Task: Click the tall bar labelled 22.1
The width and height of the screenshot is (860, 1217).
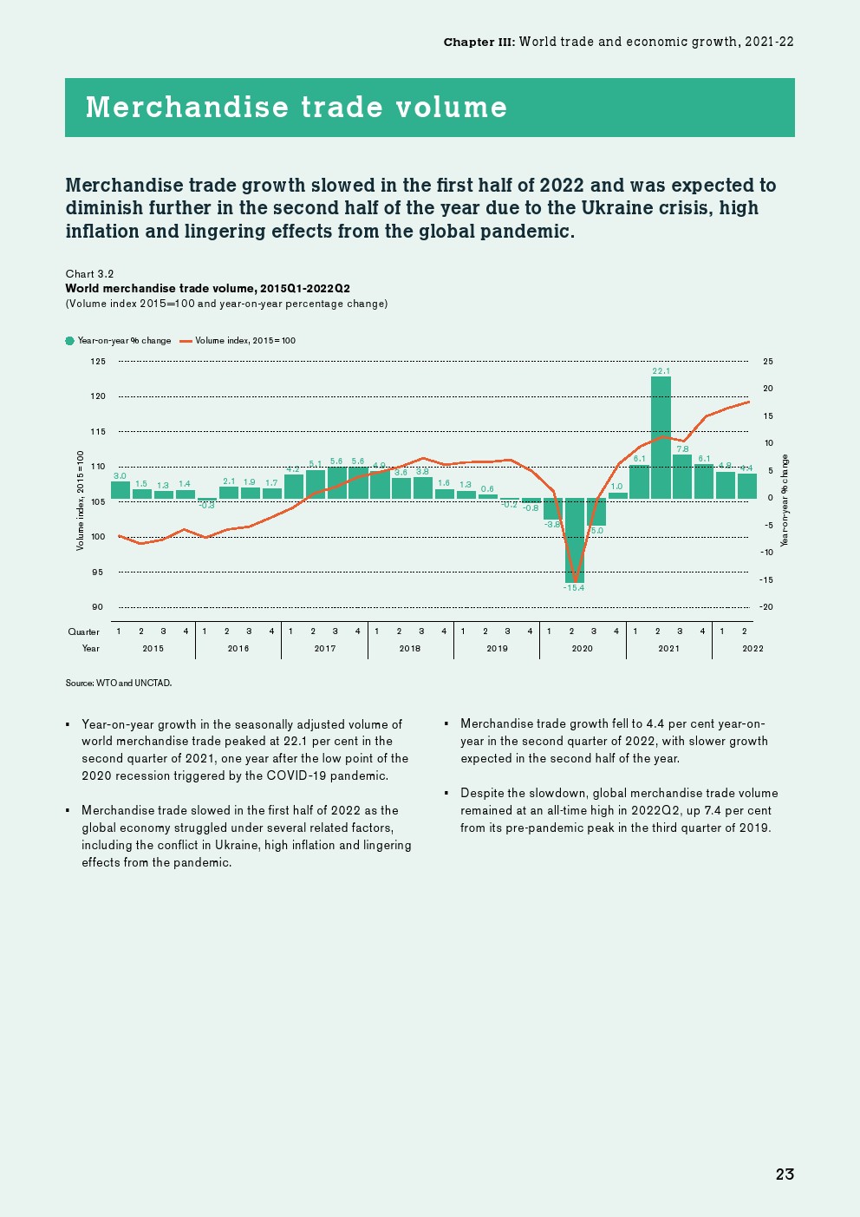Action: (661, 437)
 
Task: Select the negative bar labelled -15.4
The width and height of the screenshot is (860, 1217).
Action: (574, 540)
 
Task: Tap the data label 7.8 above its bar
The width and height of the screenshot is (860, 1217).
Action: (682, 449)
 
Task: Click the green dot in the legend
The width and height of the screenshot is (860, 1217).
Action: (70, 341)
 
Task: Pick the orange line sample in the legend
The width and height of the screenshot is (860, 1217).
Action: (186, 341)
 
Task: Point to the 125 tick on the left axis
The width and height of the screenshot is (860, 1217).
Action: (98, 362)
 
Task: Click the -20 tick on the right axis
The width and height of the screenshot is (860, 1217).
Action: (766, 607)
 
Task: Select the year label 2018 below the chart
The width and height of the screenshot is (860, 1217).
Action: (410, 649)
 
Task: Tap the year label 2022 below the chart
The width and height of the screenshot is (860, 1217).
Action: (753, 649)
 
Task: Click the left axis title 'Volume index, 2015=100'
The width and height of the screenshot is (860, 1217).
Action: (81, 500)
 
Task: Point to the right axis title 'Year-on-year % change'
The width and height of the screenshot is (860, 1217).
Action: (785, 501)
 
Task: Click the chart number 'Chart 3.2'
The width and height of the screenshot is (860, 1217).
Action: (90, 274)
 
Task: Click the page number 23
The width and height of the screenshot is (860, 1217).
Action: (785, 1174)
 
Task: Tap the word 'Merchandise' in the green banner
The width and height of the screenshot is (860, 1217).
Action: (187, 108)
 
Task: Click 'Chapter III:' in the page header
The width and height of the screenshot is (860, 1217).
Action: (479, 42)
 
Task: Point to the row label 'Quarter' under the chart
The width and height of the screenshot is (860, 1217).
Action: (84, 632)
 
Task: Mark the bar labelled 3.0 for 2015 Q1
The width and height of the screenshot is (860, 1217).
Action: (121, 489)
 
